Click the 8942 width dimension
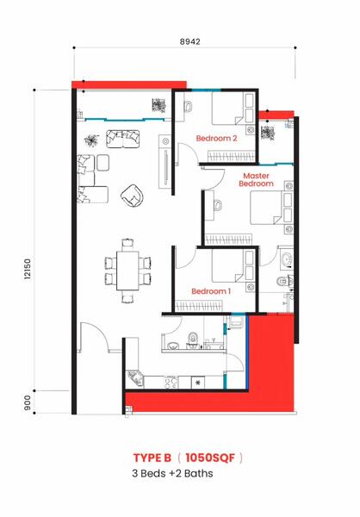click(x=189, y=42)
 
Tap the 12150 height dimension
click(x=27, y=269)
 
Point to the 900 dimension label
click(x=27, y=402)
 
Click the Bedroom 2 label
click(x=216, y=138)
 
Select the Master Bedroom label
click(x=256, y=180)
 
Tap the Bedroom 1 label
click(x=211, y=291)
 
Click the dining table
click(x=127, y=271)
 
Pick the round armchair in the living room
click(x=132, y=196)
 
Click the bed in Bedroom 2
click(x=233, y=109)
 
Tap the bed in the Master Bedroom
click(x=271, y=208)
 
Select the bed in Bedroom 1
click(x=233, y=265)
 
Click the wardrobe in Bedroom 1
click(x=199, y=306)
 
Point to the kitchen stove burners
click(x=171, y=383)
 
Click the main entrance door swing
click(x=94, y=337)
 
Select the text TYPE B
click(x=152, y=458)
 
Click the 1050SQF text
click(x=210, y=458)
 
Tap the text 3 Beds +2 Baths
click(x=172, y=473)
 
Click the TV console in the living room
click(x=164, y=162)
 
